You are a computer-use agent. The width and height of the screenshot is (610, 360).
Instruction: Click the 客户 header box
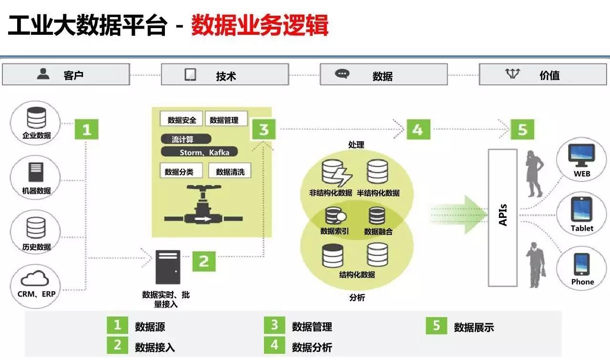click(x=66, y=75)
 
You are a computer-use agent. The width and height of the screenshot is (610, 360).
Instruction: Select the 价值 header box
click(x=543, y=75)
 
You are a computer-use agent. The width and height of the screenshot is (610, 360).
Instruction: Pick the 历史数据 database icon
click(x=36, y=228)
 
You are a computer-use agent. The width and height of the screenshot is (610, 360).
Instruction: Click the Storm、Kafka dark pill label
click(x=199, y=152)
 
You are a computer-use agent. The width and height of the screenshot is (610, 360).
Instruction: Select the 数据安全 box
click(x=182, y=120)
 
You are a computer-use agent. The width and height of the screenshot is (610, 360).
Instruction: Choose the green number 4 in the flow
click(x=418, y=129)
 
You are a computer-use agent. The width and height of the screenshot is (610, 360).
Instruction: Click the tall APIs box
click(x=502, y=217)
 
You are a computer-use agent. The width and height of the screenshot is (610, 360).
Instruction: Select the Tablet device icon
click(x=582, y=209)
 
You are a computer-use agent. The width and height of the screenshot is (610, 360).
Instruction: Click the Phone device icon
click(x=582, y=264)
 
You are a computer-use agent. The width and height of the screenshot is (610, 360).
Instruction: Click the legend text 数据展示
click(x=474, y=327)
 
